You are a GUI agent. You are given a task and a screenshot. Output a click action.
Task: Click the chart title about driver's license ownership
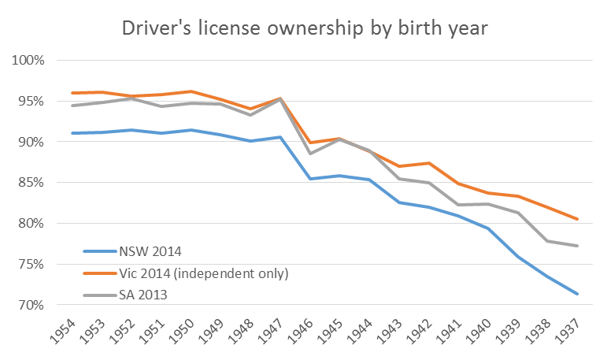point(305,29)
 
